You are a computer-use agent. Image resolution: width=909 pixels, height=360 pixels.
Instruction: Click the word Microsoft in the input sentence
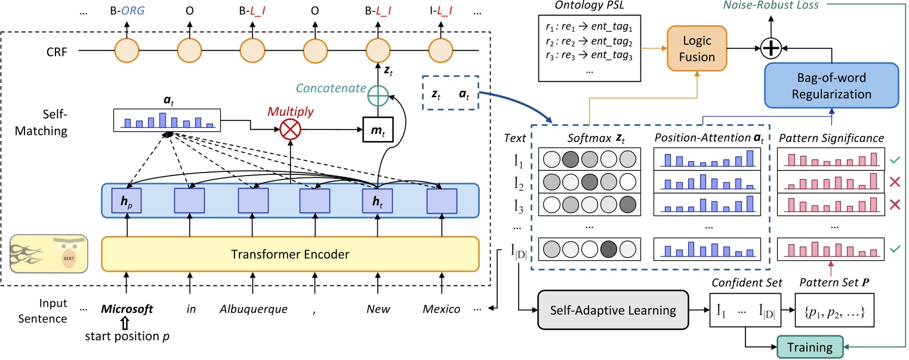pos(127,310)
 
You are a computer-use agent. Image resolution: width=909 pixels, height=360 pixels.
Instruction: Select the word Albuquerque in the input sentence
pos(254,310)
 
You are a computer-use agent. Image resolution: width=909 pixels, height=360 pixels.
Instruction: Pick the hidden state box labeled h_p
pos(127,201)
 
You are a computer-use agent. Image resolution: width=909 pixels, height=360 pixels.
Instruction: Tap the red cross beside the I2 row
pos(893,183)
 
